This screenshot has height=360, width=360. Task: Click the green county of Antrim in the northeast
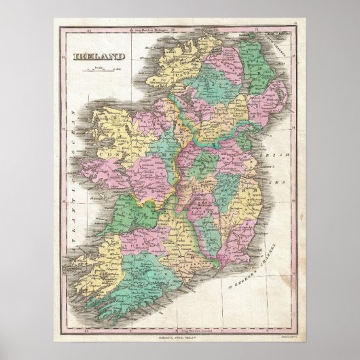[258, 68]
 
